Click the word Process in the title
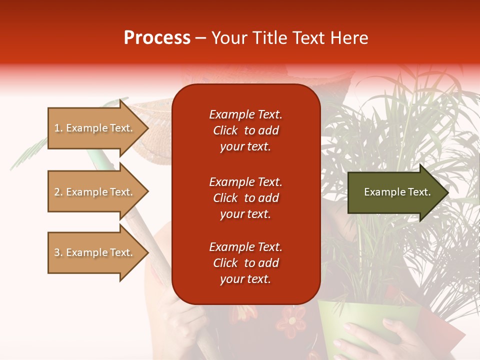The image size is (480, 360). [157, 38]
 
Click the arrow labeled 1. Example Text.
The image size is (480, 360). [98, 128]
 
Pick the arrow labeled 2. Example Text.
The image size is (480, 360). [98, 192]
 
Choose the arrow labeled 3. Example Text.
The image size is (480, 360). [98, 252]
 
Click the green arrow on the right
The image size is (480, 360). [398, 192]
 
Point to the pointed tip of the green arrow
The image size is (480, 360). [449, 192]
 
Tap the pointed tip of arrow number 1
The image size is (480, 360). [149, 128]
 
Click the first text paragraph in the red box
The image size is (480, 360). [245, 130]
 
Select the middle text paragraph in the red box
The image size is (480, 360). [245, 198]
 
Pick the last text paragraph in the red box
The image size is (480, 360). [245, 263]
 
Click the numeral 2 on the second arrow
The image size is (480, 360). [57, 192]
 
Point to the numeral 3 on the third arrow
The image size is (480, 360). [57, 252]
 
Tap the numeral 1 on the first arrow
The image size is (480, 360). [57, 128]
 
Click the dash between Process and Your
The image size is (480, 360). [201, 39]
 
